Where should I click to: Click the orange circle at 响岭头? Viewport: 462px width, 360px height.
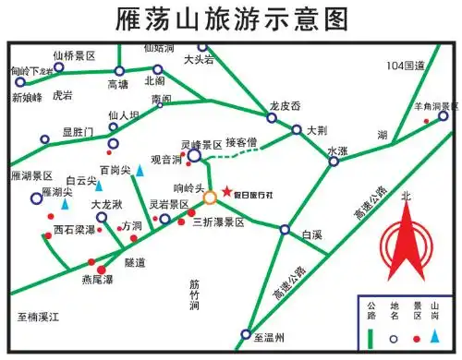coord(211,197)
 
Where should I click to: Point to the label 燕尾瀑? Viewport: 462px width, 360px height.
coord(96,279)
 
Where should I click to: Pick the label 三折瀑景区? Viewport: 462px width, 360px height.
coord(218,222)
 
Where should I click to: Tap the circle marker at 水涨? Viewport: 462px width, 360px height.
coord(334,162)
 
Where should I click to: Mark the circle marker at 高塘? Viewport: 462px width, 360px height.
coord(118,71)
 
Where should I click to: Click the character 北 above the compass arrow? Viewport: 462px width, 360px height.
coord(404,196)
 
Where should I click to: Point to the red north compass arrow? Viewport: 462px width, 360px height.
coord(404,243)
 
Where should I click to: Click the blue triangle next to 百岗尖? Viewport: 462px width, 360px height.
coord(140,170)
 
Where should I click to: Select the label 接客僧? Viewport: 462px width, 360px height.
coord(246,143)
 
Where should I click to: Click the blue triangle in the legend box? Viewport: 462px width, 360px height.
coord(441,337)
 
